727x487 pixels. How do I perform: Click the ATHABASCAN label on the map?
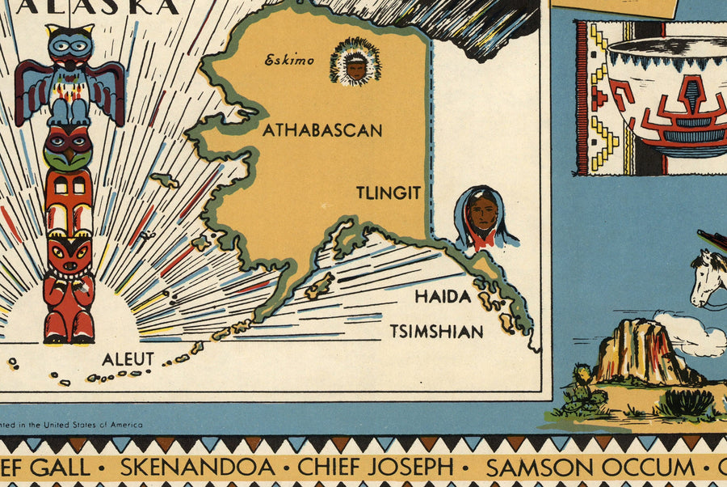coord(321,130)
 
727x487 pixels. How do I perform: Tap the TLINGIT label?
coord(389,193)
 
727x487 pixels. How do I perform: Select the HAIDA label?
coord(443,297)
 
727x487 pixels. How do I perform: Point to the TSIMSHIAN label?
coord(437,331)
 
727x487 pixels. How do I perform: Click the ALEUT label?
coord(128,359)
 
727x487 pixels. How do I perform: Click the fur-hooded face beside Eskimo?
coord(355,66)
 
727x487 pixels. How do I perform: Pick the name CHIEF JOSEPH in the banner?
coord(376,467)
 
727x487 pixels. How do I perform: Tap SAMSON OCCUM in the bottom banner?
coord(590,467)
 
